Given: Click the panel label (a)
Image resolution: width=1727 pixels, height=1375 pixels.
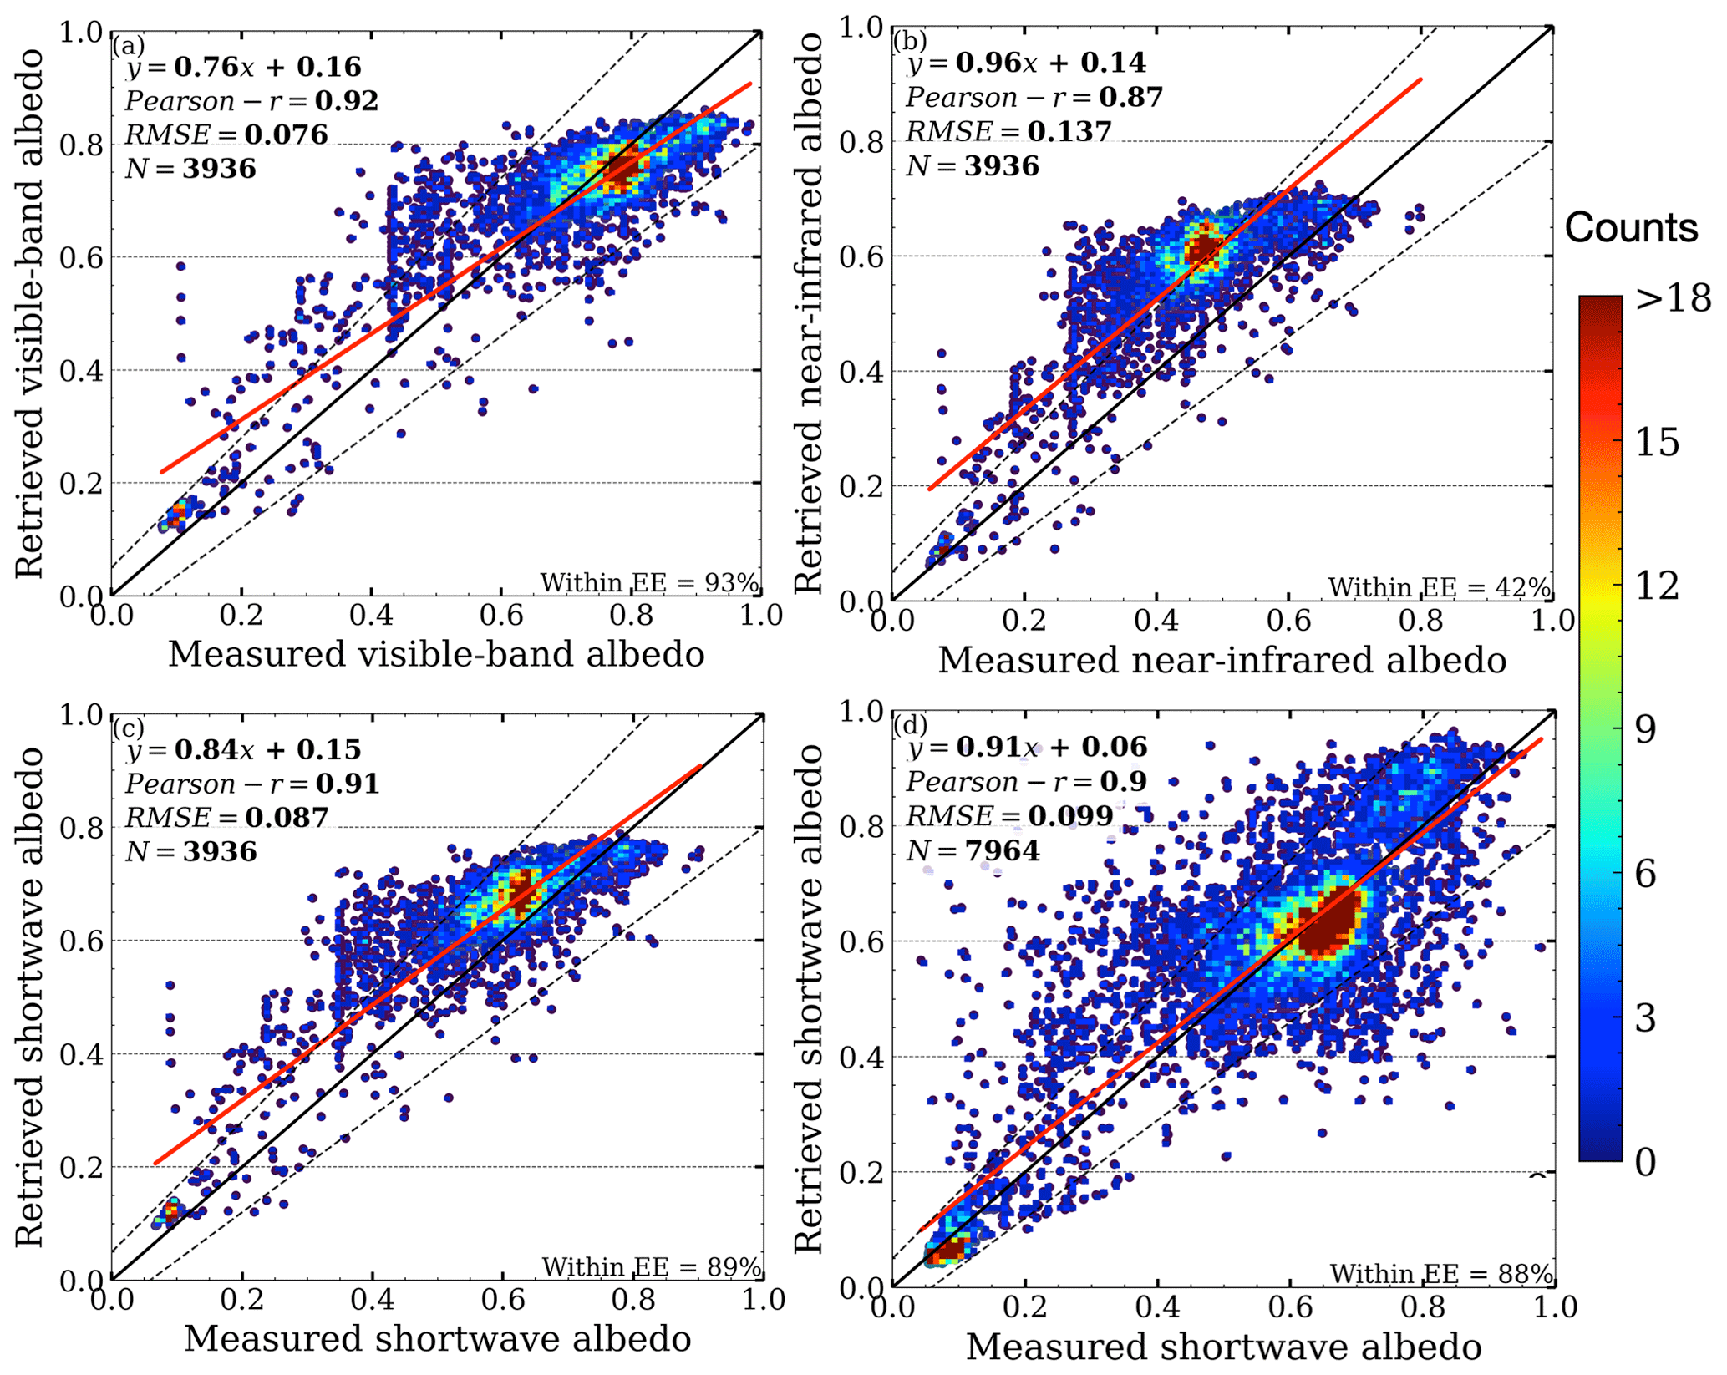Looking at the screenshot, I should [x=128, y=44].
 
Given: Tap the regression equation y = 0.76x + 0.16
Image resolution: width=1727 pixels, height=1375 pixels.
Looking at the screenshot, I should [x=243, y=68].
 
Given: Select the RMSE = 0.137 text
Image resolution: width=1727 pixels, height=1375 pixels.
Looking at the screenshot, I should [x=1008, y=132].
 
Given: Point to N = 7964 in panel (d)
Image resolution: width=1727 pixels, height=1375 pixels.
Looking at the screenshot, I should [x=973, y=851].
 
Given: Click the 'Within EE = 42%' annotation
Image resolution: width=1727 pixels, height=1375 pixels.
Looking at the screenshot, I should [x=1439, y=588].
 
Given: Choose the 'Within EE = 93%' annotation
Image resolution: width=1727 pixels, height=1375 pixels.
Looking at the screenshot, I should [x=649, y=582].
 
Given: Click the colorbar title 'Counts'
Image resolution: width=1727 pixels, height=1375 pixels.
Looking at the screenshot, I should [x=1631, y=227].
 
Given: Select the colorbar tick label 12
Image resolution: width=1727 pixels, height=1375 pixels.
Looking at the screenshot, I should [x=1657, y=586].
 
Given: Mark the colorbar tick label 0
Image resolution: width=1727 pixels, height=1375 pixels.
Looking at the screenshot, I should [x=1645, y=1162].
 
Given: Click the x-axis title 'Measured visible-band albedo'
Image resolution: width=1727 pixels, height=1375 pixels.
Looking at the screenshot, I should [x=436, y=654].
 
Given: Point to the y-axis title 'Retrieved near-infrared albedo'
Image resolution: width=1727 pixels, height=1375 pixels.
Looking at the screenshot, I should [x=809, y=313].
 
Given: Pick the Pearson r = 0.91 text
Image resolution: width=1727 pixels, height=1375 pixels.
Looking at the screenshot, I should [x=251, y=784].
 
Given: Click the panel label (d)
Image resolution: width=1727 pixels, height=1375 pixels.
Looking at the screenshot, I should [x=910, y=724].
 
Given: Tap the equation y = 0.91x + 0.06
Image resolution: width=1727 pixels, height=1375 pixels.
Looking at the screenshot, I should [x=1027, y=747].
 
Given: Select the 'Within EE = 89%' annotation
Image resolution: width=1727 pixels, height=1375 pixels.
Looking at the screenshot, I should [x=652, y=1267].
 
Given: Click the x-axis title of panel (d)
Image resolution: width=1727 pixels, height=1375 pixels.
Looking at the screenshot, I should [x=1224, y=1347].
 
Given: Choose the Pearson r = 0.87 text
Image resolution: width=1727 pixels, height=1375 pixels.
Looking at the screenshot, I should [x=1034, y=98].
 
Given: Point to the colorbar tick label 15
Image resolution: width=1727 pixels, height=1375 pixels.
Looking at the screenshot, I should [x=1657, y=443].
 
